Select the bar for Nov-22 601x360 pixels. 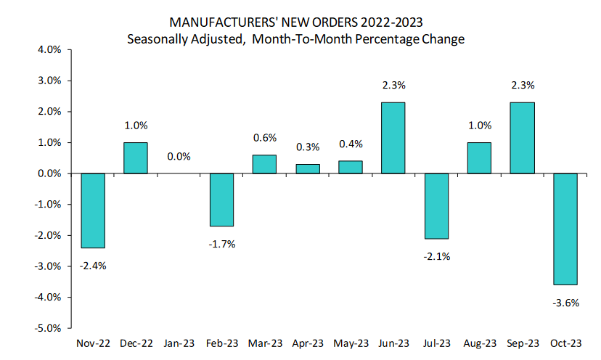[92, 210]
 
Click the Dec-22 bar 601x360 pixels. [135, 158]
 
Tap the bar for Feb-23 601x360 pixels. [221, 200]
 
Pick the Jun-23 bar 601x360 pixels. [393, 138]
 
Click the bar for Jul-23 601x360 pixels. [436, 206]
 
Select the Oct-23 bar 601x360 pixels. [565, 229]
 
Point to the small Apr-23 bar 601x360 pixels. [308, 169]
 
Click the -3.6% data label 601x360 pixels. [565, 303]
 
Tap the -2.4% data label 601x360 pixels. [92, 266]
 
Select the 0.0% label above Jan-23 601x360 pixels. [179, 156]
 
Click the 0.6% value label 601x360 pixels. [264, 138]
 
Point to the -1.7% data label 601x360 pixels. [221, 244]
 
